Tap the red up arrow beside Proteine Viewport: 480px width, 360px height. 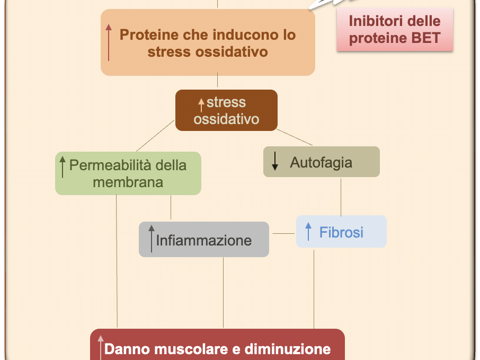pos(109,42)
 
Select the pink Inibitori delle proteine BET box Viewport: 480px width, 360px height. pos(395,30)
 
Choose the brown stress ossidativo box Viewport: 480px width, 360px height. pos(226,110)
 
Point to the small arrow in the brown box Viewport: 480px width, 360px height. pos(201,104)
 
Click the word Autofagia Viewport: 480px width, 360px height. pos(321,162)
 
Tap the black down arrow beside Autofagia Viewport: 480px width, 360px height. pos(275,161)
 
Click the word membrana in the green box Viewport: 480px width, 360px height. pos(128,182)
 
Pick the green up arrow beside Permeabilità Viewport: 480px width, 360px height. pos(63,166)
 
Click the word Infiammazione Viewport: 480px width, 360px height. pos(204,240)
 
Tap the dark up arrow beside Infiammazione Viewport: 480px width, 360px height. pos(152,238)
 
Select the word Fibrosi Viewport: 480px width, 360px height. pos(341,232)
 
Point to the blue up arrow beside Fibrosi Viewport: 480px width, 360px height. pos(308,232)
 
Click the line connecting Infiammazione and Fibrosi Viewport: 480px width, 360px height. pos(283,233)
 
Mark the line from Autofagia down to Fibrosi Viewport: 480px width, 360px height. pos(341,196)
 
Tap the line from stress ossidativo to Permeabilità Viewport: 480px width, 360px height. pos(156,136)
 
